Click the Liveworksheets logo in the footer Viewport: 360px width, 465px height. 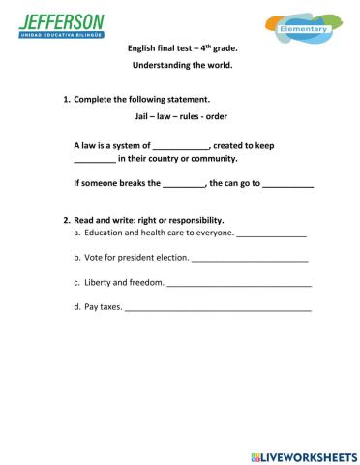pyautogui.click(x=303, y=454)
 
